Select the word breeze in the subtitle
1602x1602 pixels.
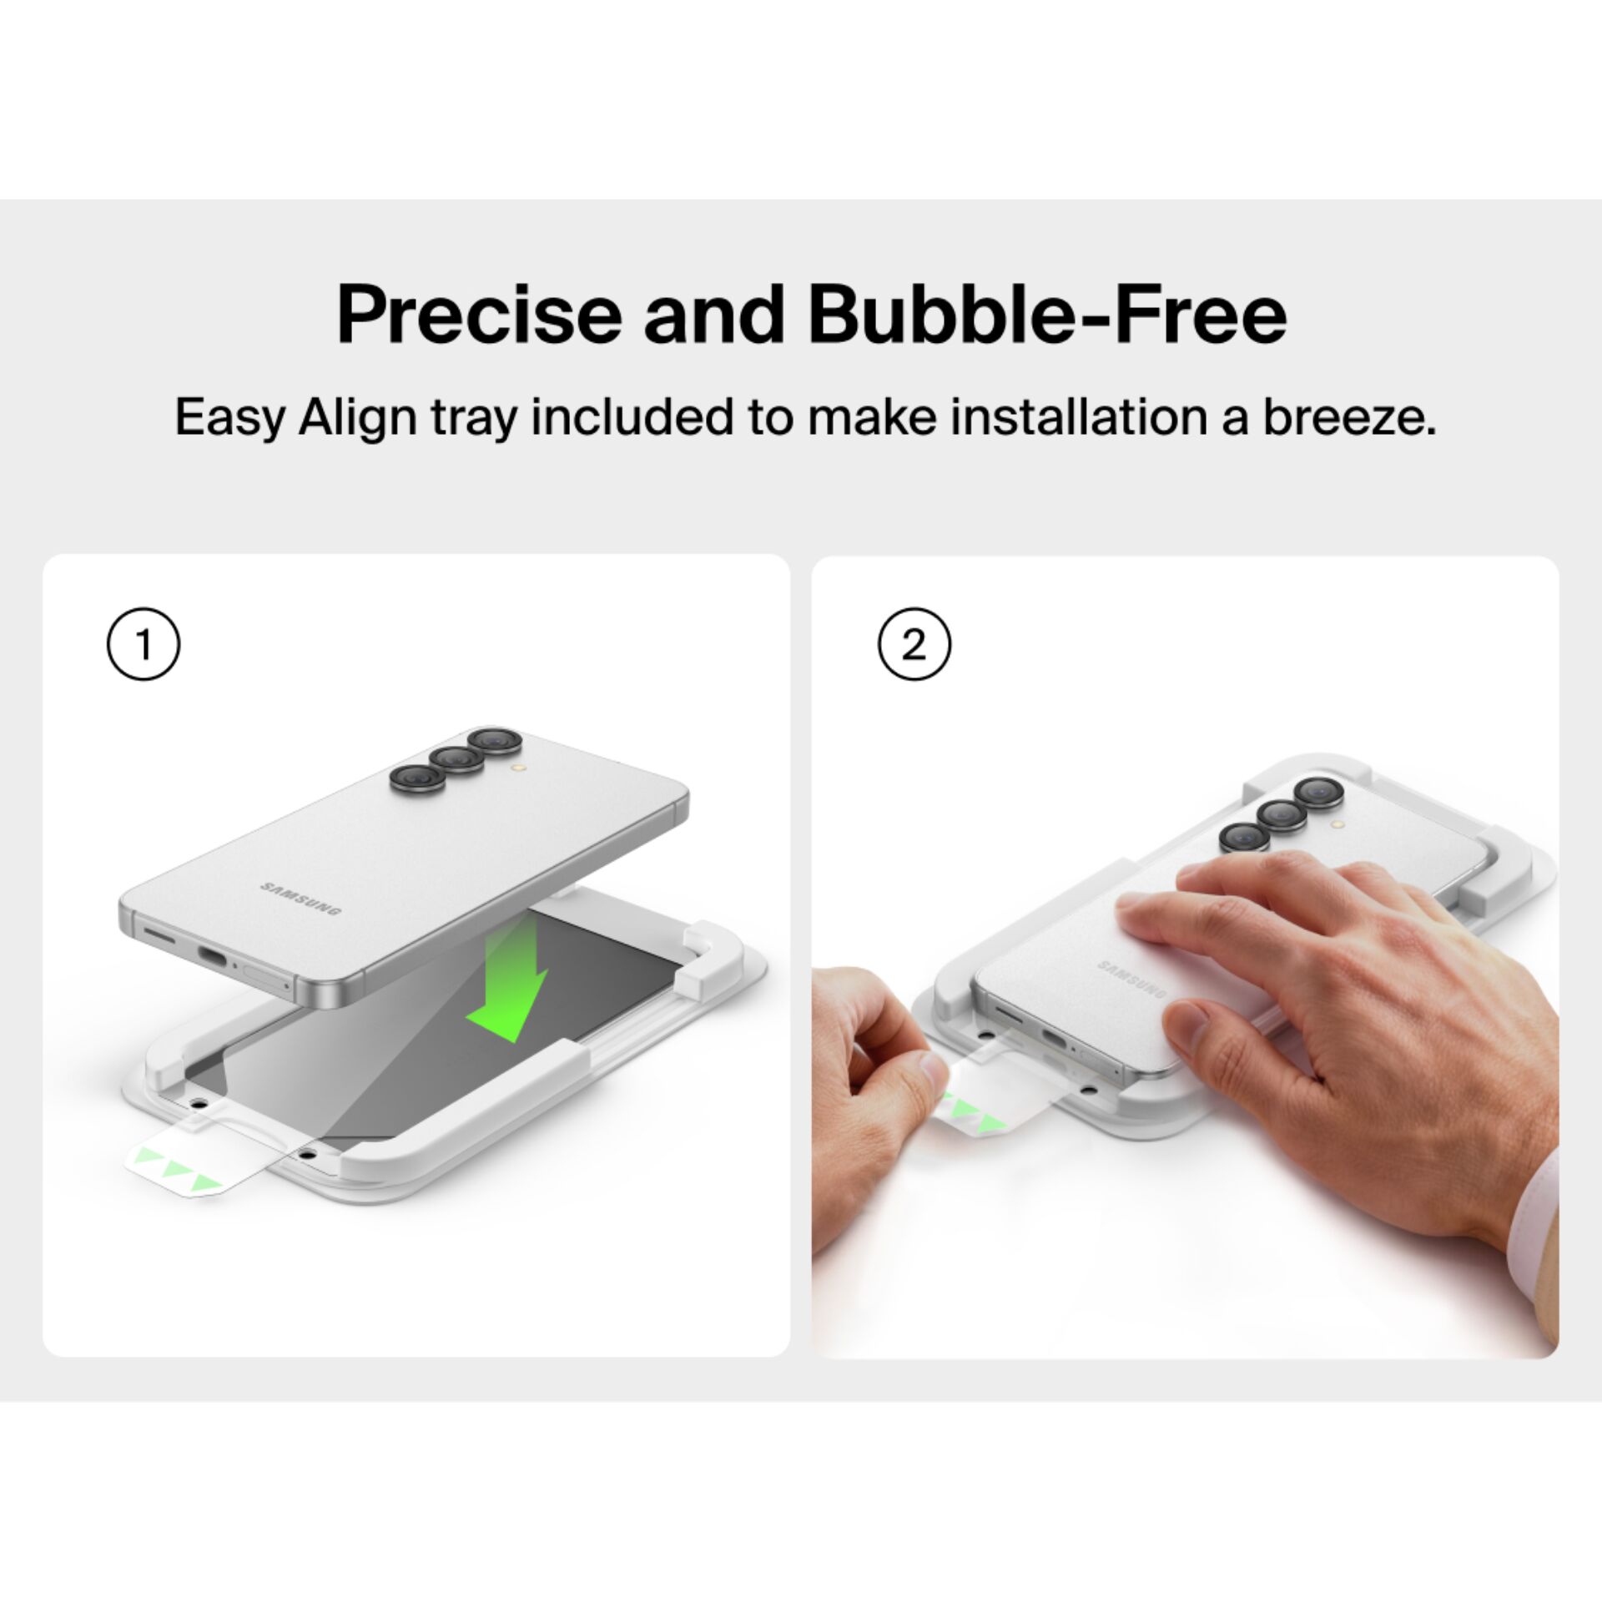tap(1349, 418)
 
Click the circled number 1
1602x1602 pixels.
tap(144, 644)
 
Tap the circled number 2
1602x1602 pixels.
tap(914, 644)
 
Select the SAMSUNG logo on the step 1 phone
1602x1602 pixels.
tap(300, 897)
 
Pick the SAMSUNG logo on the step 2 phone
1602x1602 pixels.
tap(1131, 979)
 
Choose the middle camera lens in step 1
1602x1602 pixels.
tap(455, 758)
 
